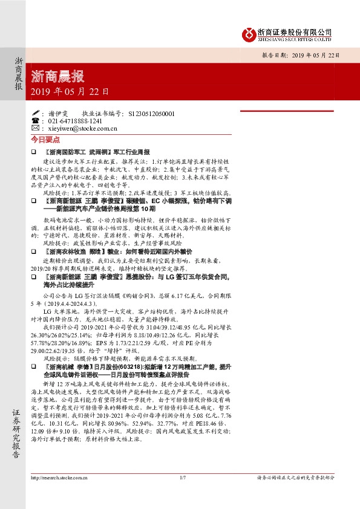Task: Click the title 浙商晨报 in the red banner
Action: click(57, 77)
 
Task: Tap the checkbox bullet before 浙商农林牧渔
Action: click(34, 250)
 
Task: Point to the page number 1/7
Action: click(182, 494)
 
